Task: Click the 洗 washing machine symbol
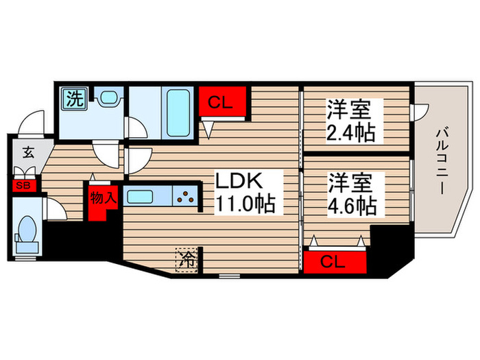(73, 98)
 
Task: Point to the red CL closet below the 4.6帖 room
(337, 261)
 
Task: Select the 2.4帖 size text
(350, 131)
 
